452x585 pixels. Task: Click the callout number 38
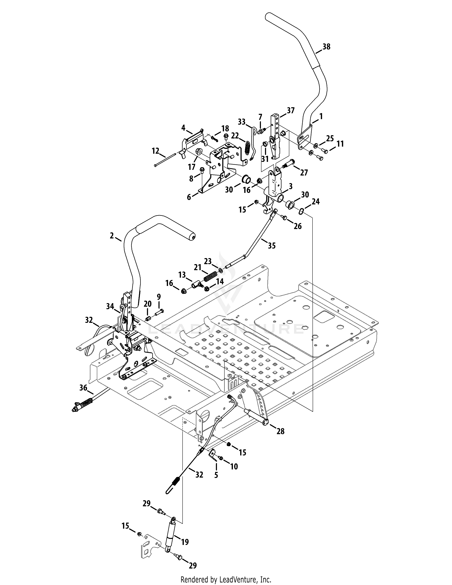click(326, 47)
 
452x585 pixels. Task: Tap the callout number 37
click(291, 110)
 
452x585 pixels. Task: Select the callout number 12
click(155, 151)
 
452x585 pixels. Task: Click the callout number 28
click(280, 431)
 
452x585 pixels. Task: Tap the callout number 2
click(112, 236)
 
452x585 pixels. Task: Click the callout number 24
click(316, 201)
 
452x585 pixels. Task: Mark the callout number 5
click(216, 475)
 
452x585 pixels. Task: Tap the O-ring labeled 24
click(301, 212)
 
